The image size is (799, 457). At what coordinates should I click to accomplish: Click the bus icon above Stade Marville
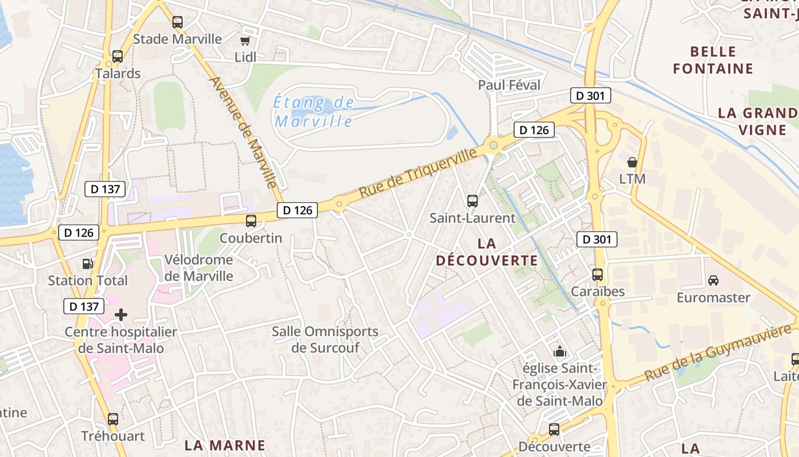coord(177,22)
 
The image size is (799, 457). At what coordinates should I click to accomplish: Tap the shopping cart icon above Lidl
coord(245,41)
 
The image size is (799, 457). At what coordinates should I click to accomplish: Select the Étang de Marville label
coord(313,113)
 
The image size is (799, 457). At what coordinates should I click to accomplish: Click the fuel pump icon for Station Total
coord(87,263)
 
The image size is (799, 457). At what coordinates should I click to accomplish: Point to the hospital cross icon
coord(121,314)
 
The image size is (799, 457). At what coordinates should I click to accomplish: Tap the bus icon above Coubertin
coord(251,221)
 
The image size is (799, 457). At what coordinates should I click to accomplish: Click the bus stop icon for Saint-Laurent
coord(473,201)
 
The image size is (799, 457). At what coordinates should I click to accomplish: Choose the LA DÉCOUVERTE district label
coord(487,252)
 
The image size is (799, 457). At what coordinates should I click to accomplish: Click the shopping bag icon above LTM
coord(632,162)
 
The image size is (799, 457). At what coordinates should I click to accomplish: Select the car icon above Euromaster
coord(713,280)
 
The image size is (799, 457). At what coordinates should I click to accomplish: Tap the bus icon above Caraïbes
coord(598,274)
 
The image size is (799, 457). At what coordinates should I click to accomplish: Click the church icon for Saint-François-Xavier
coord(559,351)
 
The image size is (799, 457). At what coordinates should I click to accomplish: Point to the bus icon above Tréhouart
coord(113,419)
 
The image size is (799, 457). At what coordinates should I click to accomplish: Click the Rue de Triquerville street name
coord(419,173)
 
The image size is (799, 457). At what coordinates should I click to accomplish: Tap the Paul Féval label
coord(509,85)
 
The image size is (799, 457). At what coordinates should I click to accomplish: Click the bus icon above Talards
coord(118,57)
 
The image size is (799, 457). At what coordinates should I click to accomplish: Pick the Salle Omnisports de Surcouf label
coord(325,339)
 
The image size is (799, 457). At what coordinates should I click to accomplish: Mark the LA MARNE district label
coord(225,445)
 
